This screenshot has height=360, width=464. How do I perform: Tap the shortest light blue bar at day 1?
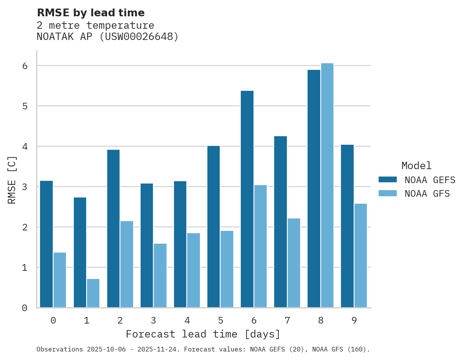tap(93, 293)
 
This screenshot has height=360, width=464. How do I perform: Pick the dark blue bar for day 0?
tap(46, 244)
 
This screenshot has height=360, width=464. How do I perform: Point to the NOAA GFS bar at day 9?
tap(361, 256)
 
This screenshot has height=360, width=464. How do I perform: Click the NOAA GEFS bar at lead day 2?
tap(113, 228)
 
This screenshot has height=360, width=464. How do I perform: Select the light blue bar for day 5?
tap(227, 269)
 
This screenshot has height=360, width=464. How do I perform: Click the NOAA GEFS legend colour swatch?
tap(388, 180)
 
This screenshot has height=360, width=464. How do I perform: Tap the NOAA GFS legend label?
tap(427, 194)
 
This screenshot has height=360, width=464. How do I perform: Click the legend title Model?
tap(416, 166)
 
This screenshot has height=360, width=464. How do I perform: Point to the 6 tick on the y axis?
tap(24, 66)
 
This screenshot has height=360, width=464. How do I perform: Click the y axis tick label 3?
tap(24, 187)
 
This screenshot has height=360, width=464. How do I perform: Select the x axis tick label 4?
tap(187, 320)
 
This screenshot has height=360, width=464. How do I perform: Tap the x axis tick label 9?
tap(354, 320)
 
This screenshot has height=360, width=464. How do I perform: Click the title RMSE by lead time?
tap(90, 13)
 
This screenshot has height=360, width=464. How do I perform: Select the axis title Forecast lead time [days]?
tap(203, 334)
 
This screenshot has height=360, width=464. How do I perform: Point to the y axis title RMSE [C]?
tap(12, 180)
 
